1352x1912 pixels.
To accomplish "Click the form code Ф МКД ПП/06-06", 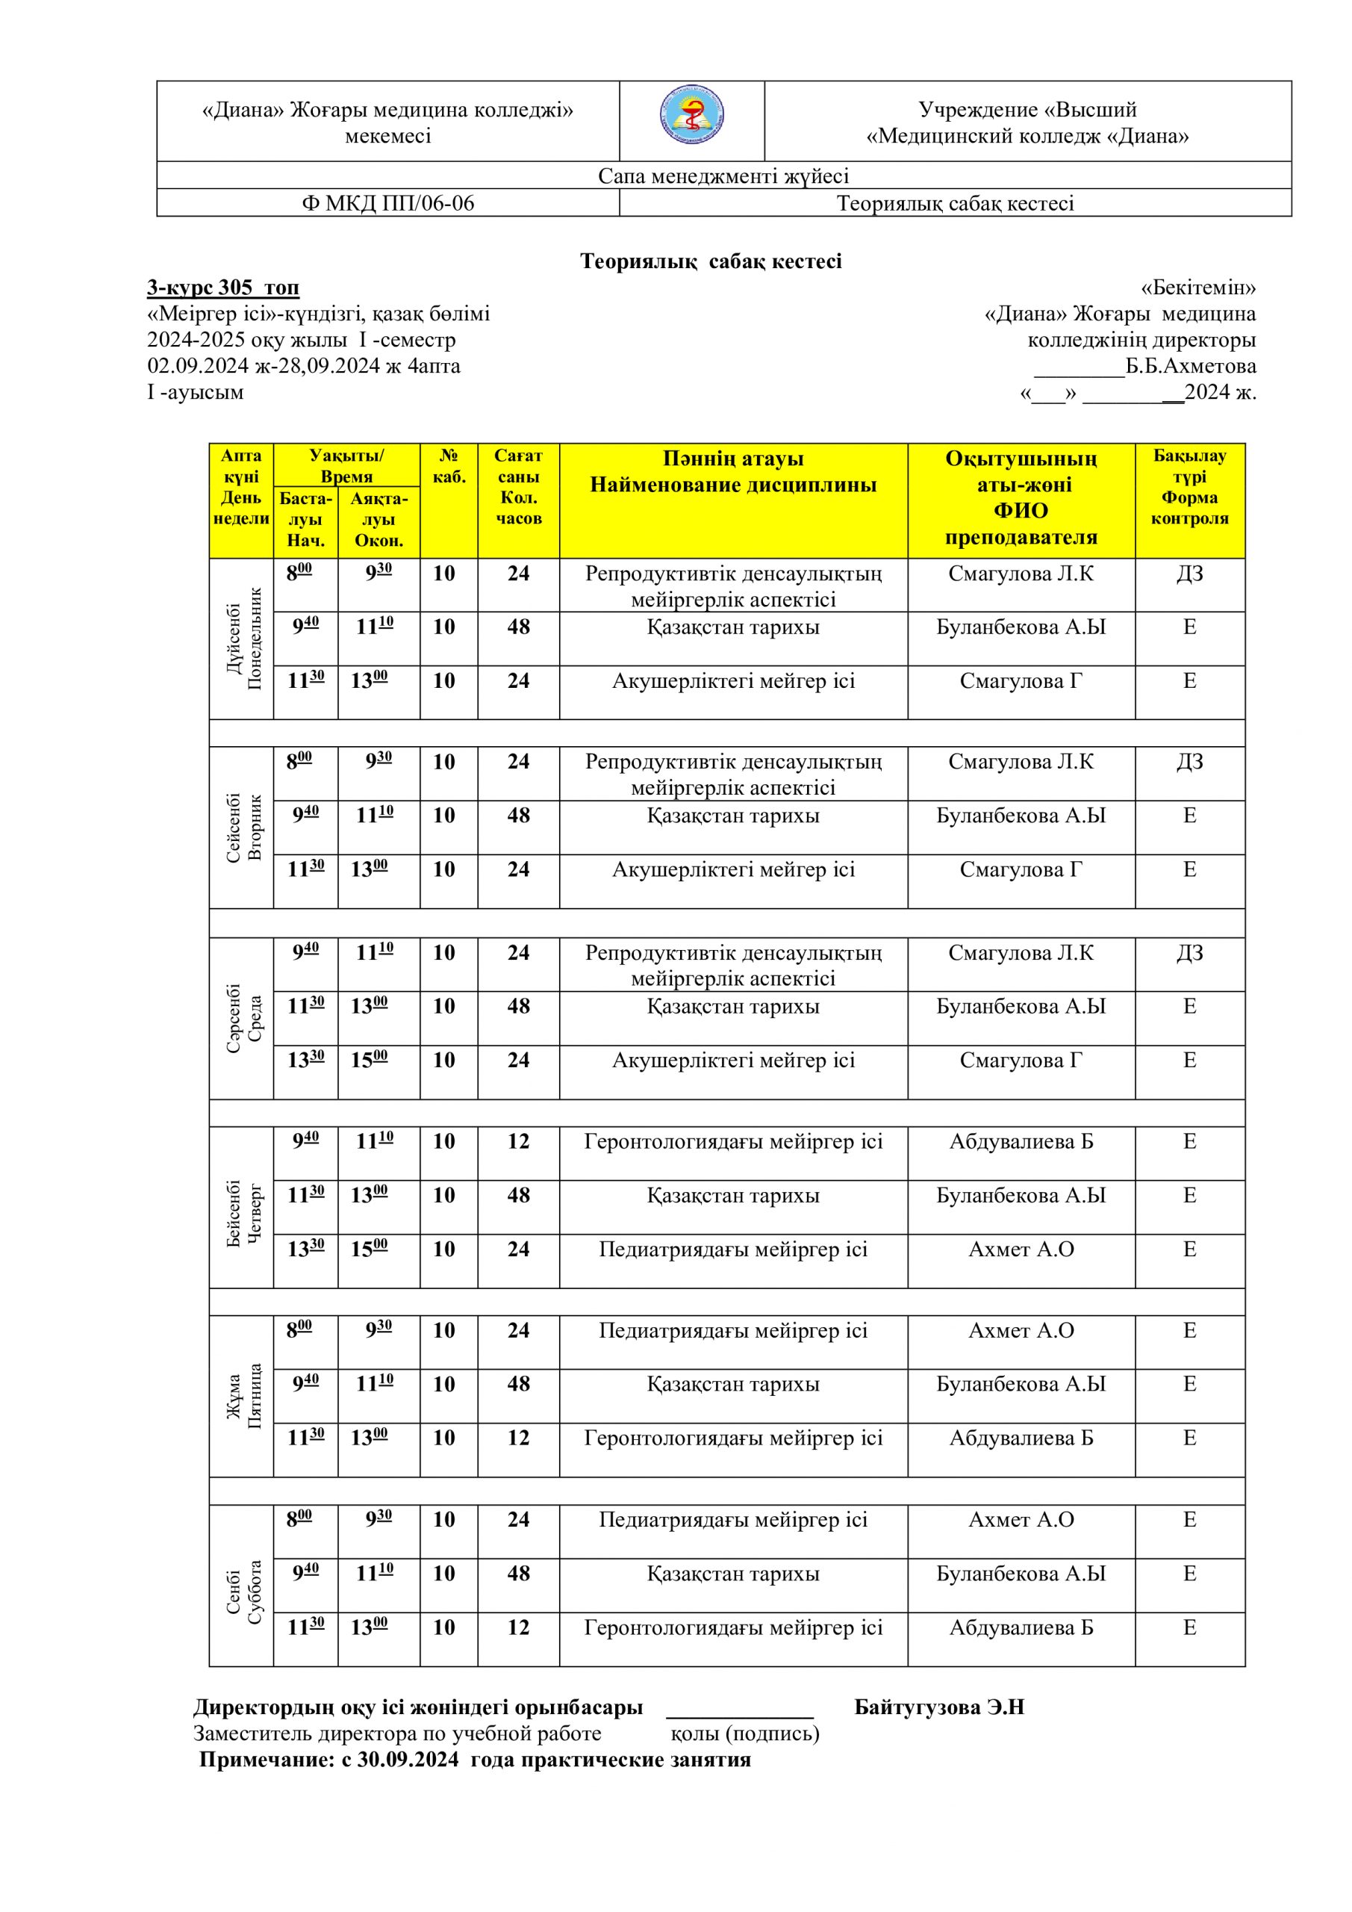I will tap(387, 203).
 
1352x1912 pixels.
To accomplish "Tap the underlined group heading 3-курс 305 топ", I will tap(223, 288).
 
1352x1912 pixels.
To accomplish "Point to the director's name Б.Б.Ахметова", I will tap(1191, 367).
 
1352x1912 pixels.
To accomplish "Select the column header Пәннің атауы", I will tap(732, 459).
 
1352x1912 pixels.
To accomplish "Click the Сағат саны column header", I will tap(518, 486).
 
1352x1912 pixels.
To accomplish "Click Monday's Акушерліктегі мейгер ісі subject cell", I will tap(732, 681).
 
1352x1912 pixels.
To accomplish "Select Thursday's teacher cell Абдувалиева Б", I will tap(1021, 1142).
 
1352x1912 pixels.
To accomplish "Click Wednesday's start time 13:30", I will tap(305, 1060).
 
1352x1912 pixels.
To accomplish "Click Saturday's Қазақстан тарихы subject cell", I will tap(732, 1573).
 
